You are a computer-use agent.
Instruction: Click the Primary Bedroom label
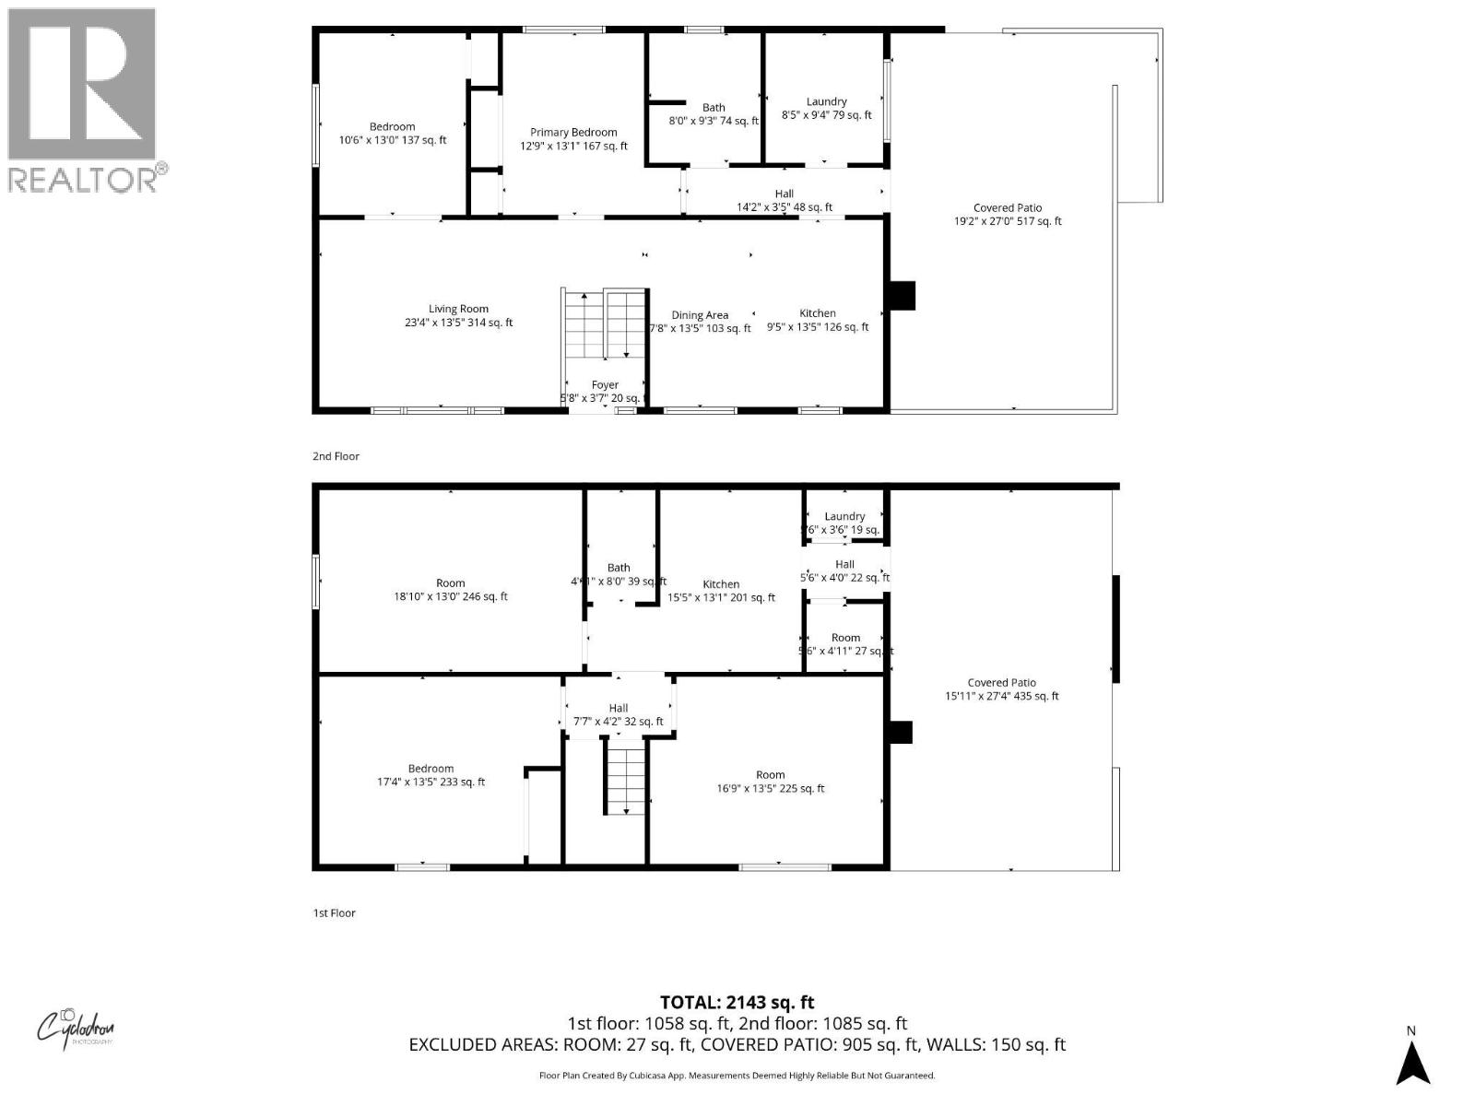(572, 133)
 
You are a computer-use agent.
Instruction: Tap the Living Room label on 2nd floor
(458, 310)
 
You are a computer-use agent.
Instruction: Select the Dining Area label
(700, 315)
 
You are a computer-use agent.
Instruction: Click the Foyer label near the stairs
(605, 385)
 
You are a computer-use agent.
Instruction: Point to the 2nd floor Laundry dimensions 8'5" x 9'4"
(826, 115)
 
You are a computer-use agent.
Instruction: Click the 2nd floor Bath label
(713, 108)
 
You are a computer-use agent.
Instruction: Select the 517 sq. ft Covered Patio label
(1007, 215)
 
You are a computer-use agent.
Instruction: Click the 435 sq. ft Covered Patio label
(1001, 689)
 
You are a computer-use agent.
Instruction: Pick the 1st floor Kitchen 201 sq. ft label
(721, 591)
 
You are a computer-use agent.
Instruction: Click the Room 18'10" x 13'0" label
(450, 590)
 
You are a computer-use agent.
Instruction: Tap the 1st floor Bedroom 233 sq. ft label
(431, 775)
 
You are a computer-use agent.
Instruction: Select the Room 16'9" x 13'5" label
(770, 782)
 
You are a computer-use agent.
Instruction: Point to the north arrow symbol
(1411, 1061)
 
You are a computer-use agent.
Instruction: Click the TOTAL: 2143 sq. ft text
(737, 1002)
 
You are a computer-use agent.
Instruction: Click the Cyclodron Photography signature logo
(76, 1027)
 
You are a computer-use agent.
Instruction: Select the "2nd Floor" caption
(336, 456)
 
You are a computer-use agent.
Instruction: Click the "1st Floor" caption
(334, 913)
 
